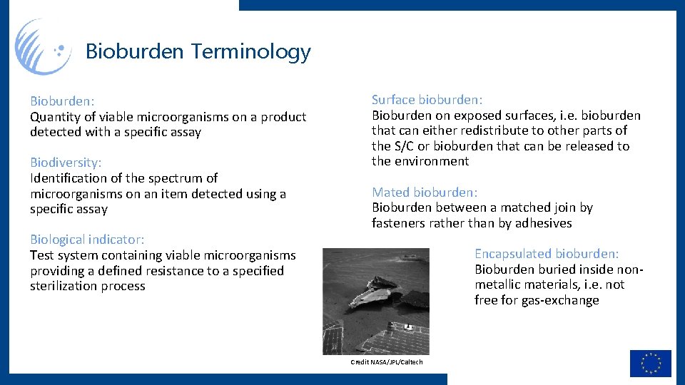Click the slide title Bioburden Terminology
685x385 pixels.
[x=198, y=51]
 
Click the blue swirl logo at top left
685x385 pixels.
[x=43, y=47]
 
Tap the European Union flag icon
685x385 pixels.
[x=650, y=363]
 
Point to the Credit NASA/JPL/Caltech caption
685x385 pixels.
[x=387, y=362]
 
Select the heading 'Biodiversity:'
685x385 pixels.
[x=66, y=163]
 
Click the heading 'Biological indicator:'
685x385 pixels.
[x=87, y=240]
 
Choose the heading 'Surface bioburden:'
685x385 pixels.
[x=427, y=100]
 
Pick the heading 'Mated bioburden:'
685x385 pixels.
[x=425, y=192]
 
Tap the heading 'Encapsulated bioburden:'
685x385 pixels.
[x=547, y=254]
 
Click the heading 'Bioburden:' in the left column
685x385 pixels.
[x=62, y=101]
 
